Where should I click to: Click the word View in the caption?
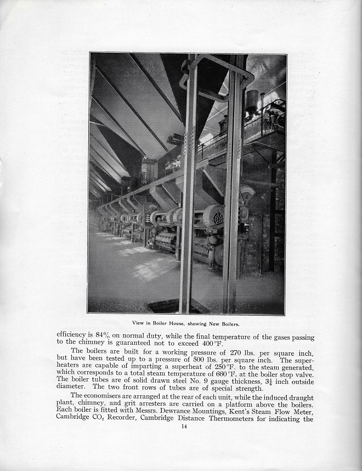pos(139,323)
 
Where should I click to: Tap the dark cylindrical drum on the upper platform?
pos(252,100)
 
